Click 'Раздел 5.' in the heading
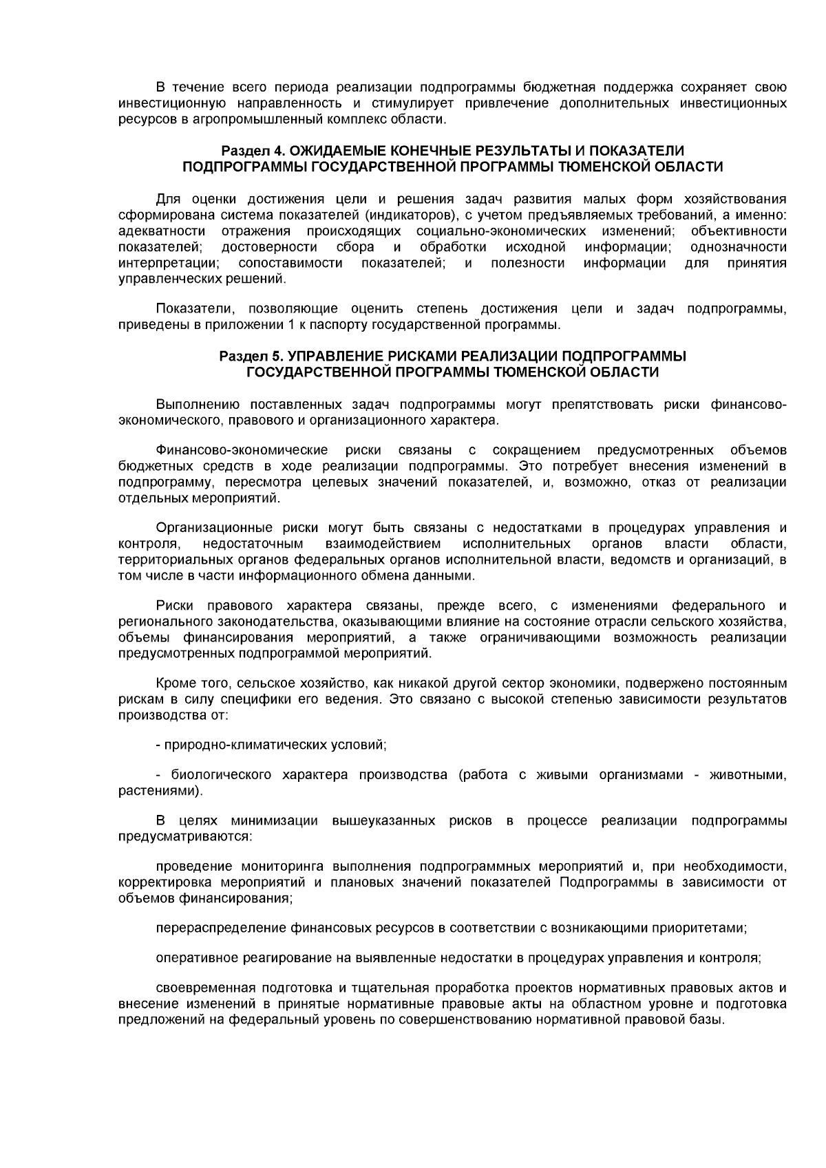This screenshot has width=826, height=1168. [249, 356]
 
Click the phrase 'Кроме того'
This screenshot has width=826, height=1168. [186, 683]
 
